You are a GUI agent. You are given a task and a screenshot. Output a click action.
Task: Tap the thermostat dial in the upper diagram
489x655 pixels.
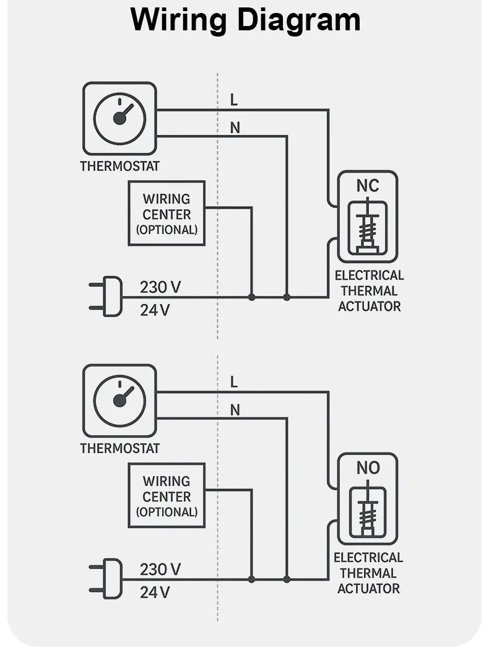(x=120, y=118)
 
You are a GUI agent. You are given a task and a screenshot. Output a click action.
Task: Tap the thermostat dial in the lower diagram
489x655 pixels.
(x=120, y=401)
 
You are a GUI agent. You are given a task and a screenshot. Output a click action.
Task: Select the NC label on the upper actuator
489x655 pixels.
(x=368, y=186)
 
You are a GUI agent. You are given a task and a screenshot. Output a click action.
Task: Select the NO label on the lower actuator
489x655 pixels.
(x=368, y=468)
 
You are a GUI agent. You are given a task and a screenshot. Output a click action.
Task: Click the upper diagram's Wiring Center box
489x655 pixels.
(x=167, y=214)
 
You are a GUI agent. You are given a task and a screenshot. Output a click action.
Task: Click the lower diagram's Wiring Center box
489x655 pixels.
(x=167, y=496)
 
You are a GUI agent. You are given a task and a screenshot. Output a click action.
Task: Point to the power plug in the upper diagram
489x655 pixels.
(x=108, y=297)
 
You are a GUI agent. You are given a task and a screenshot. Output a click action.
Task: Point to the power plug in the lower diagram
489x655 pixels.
(x=108, y=579)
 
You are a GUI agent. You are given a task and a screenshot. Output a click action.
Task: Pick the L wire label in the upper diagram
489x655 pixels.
(x=233, y=100)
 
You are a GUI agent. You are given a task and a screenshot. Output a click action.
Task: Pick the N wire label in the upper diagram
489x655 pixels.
(x=235, y=128)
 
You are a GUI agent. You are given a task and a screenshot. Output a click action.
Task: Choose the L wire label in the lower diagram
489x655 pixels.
(x=233, y=382)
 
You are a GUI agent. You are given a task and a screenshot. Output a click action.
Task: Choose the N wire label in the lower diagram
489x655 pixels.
(x=235, y=410)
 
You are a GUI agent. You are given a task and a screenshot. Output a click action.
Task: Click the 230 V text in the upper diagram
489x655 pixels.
(x=160, y=287)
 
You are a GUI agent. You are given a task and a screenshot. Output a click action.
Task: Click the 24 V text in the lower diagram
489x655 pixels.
(x=155, y=592)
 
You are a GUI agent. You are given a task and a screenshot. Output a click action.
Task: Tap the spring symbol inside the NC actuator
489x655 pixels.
(x=368, y=229)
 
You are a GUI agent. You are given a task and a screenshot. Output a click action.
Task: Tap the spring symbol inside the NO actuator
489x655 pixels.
(x=368, y=511)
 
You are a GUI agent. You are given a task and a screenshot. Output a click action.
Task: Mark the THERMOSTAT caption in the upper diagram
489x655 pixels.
(x=120, y=166)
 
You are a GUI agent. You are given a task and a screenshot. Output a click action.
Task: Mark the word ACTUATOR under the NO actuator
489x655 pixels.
(x=368, y=588)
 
